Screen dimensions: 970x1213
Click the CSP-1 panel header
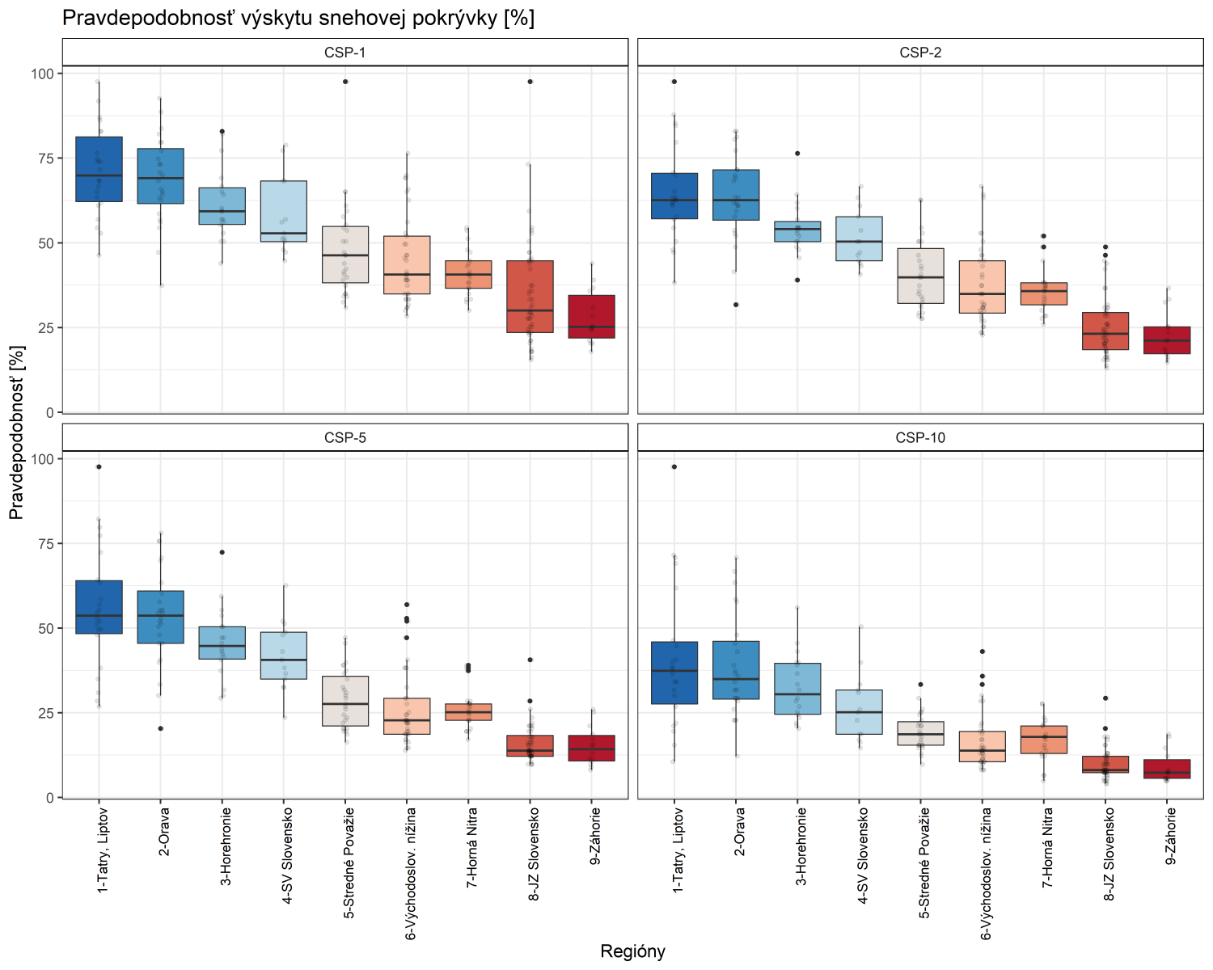click(x=344, y=53)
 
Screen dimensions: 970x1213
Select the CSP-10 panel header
click(x=920, y=438)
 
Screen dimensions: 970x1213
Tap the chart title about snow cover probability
click(x=298, y=18)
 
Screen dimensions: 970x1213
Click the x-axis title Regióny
click(x=632, y=951)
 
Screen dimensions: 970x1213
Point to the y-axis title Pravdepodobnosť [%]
click(x=17, y=432)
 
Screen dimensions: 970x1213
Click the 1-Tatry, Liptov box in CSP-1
click(x=99, y=170)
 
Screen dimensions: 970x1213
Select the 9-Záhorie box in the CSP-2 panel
click(x=1167, y=340)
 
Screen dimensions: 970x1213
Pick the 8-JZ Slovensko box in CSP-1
click(x=530, y=297)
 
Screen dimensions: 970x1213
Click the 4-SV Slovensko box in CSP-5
click(x=284, y=656)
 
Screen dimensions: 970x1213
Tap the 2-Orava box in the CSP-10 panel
click(x=736, y=670)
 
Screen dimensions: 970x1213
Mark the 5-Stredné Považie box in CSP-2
click(x=920, y=276)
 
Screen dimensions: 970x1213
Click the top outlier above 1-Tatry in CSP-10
click(x=674, y=466)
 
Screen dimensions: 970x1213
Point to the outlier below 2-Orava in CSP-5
click(x=160, y=728)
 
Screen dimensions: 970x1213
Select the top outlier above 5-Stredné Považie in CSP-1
click(x=345, y=82)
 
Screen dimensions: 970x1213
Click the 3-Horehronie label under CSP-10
click(x=801, y=846)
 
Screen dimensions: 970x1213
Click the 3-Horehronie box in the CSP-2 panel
click(x=797, y=231)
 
